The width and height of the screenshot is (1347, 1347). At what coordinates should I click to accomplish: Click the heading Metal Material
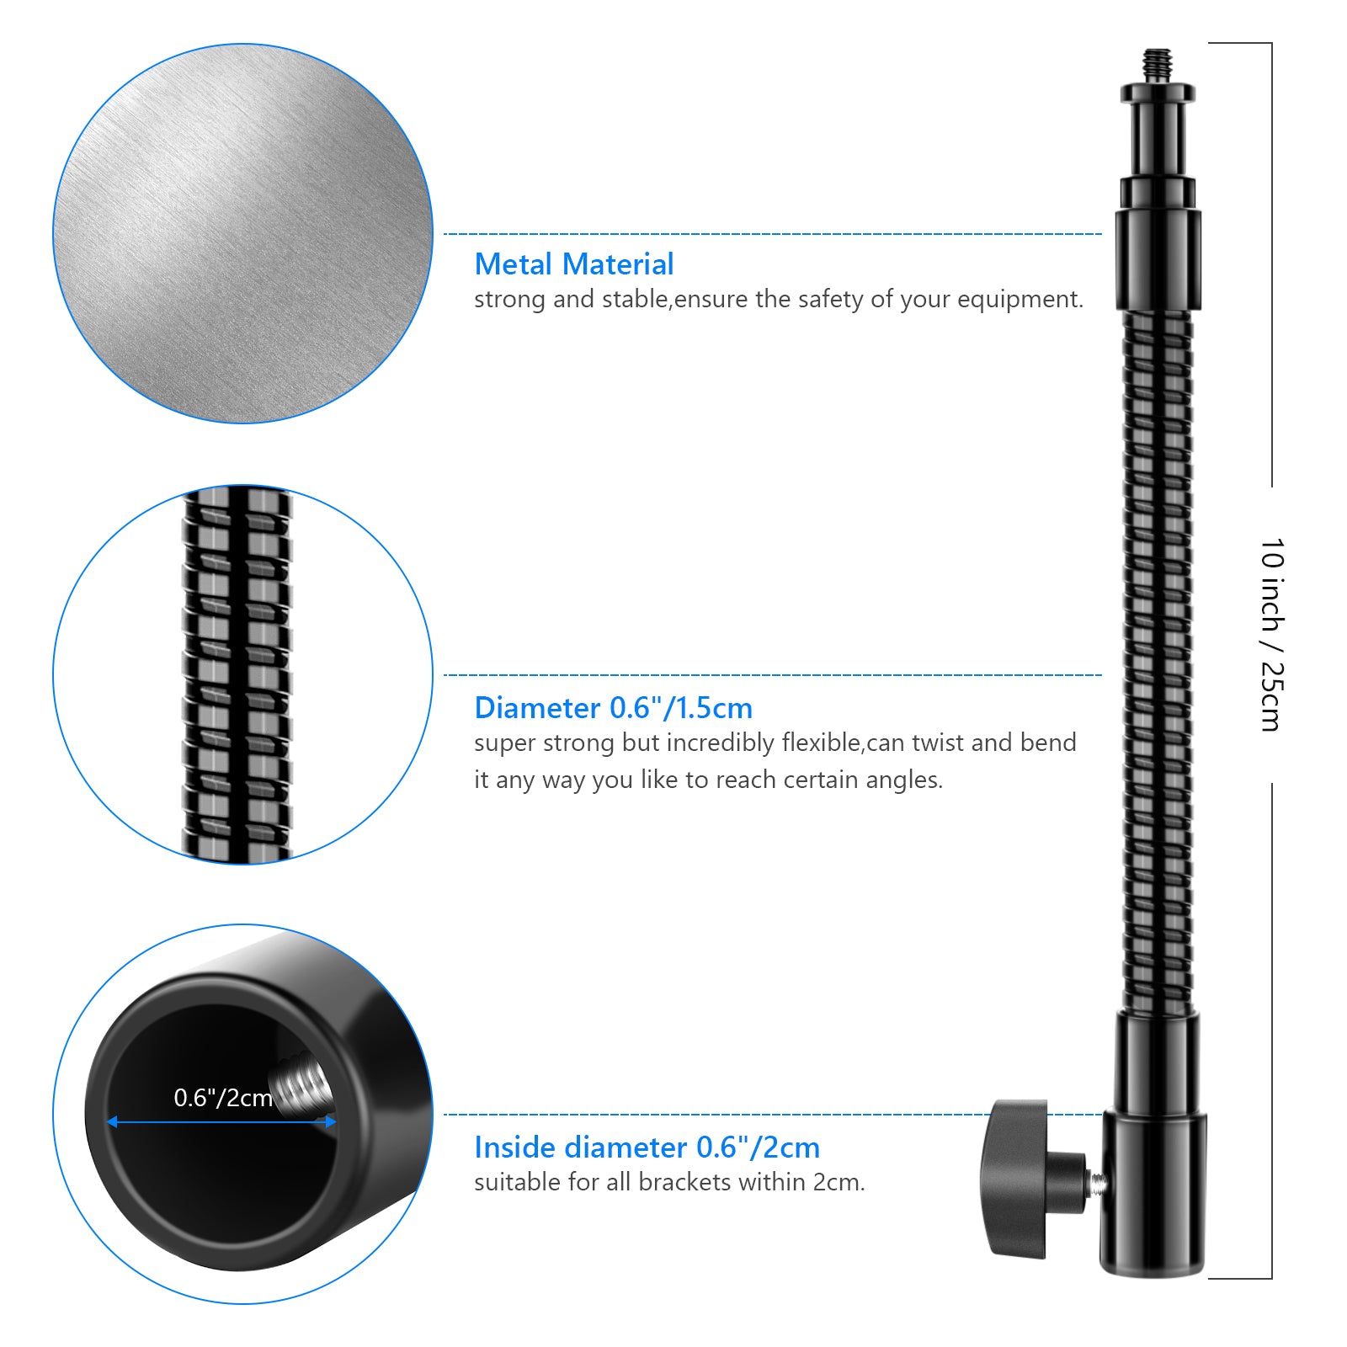pos(573,264)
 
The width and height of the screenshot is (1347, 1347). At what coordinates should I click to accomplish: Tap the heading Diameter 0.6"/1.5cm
pos(613,708)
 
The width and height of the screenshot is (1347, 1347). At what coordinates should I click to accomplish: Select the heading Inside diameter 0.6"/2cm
pos(647,1147)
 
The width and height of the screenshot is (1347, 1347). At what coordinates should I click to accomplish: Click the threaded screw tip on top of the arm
pos(1158,64)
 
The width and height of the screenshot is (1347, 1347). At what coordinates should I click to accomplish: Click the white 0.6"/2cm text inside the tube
pos(223,1098)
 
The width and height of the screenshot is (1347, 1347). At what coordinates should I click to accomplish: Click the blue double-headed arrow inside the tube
pos(221,1121)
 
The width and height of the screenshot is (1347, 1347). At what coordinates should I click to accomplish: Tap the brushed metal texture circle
pos(242,233)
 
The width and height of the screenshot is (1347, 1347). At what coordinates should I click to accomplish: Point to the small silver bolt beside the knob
pos(1098,1183)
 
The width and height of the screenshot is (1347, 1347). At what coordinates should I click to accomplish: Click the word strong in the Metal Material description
pos(509,300)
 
